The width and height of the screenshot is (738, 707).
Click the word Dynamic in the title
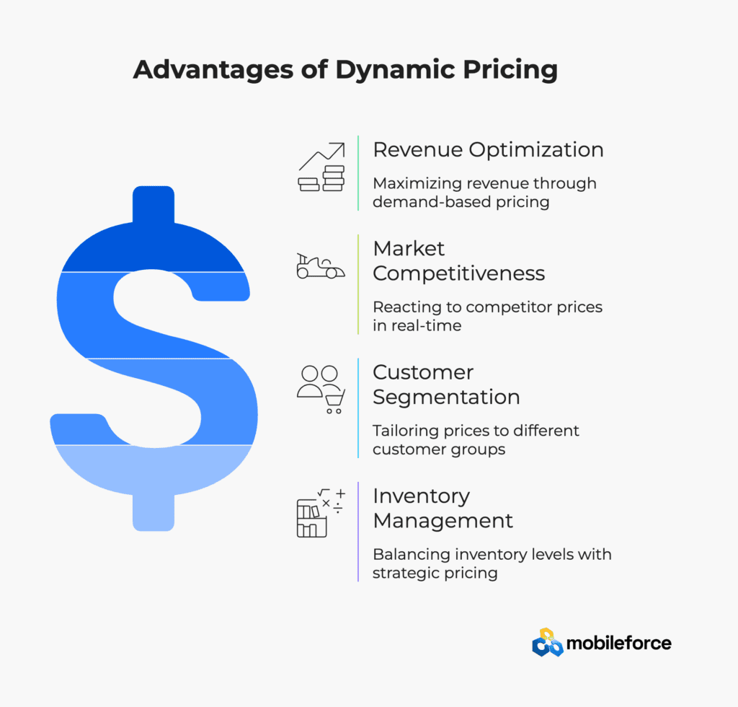click(x=396, y=70)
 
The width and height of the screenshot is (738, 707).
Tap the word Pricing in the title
click(x=510, y=70)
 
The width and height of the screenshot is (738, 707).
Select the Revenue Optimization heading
click(x=488, y=150)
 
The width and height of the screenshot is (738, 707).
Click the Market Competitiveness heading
click(x=459, y=261)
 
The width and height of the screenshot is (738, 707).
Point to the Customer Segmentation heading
click(x=446, y=385)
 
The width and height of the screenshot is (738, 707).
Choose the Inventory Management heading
click(x=443, y=508)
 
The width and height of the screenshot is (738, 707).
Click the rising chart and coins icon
click(x=321, y=167)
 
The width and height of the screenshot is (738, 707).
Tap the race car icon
click(x=321, y=266)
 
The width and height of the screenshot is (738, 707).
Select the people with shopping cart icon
click(x=321, y=390)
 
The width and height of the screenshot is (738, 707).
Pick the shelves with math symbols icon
click(x=321, y=513)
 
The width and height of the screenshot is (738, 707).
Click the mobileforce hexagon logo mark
click(x=548, y=643)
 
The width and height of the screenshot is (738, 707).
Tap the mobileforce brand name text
click(x=619, y=644)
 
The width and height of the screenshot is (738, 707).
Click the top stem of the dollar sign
click(x=154, y=204)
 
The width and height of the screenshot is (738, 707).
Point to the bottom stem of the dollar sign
click(x=154, y=512)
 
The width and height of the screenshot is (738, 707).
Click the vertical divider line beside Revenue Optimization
click(x=358, y=173)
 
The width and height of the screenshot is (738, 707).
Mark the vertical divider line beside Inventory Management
click(x=358, y=532)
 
